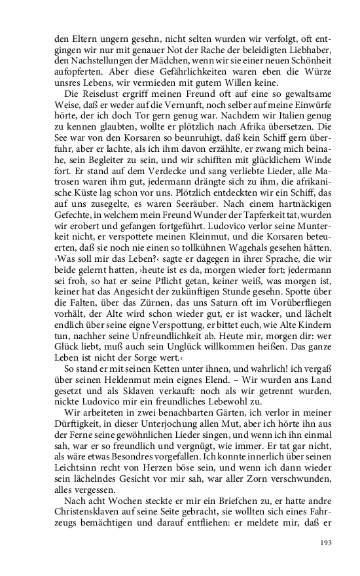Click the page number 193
point(327,543)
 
